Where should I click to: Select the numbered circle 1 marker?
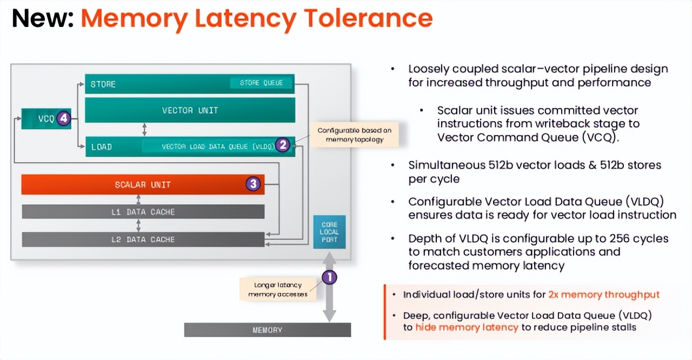(x=329, y=278)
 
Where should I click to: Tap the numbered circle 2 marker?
(x=283, y=144)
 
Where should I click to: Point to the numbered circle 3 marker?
(x=254, y=184)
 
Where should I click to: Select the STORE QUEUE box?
(x=261, y=83)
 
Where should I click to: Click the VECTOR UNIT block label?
(x=190, y=110)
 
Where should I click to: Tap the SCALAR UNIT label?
(x=143, y=185)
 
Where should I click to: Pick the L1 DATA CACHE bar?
(x=143, y=212)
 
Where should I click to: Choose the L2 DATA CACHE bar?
(x=143, y=239)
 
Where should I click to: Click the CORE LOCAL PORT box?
(x=329, y=232)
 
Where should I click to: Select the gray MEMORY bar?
(x=267, y=330)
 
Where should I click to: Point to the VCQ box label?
(x=45, y=119)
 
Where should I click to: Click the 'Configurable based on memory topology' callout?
(x=354, y=135)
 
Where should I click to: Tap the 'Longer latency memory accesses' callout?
(x=278, y=289)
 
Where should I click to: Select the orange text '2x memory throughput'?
(x=604, y=295)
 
